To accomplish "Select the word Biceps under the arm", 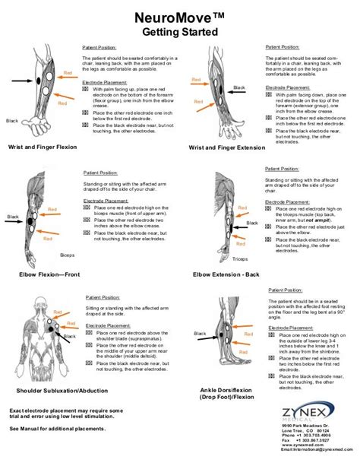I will tap(68, 255).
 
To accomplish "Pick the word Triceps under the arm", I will tap(240, 258).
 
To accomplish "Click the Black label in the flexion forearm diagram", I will tap(12, 121).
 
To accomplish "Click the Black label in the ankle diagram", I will tap(200, 333).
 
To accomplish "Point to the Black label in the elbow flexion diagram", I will tap(12, 217).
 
